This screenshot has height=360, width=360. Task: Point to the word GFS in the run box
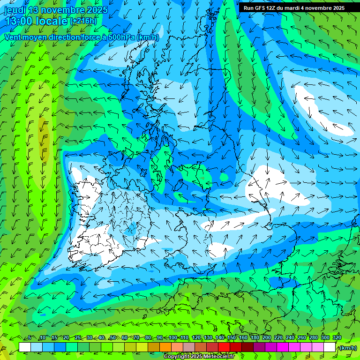click(x=259, y=8)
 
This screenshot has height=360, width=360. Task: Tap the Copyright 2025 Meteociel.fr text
click(x=199, y=357)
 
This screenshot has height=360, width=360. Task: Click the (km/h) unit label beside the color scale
click(x=347, y=348)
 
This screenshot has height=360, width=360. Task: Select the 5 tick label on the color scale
click(x=30, y=338)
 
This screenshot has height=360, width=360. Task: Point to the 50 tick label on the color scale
click(x=112, y=338)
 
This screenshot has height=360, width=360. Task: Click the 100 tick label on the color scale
click(x=173, y=338)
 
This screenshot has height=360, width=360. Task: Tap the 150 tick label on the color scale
click(x=232, y=338)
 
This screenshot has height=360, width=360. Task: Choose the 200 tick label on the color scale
click(x=267, y=338)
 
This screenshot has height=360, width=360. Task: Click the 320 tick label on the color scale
click(x=337, y=338)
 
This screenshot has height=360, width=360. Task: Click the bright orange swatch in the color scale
click(x=165, y=347)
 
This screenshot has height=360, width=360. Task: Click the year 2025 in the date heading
click(x=96, y=10)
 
